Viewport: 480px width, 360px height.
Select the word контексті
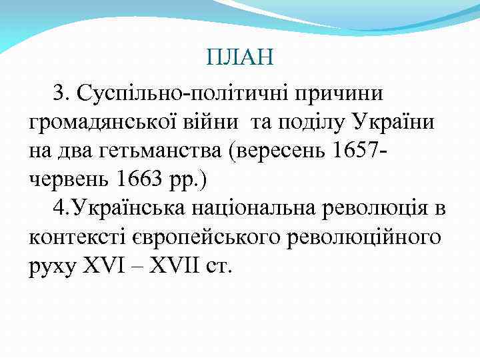pos(80,237)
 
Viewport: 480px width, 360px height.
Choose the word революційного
pos(366,237)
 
